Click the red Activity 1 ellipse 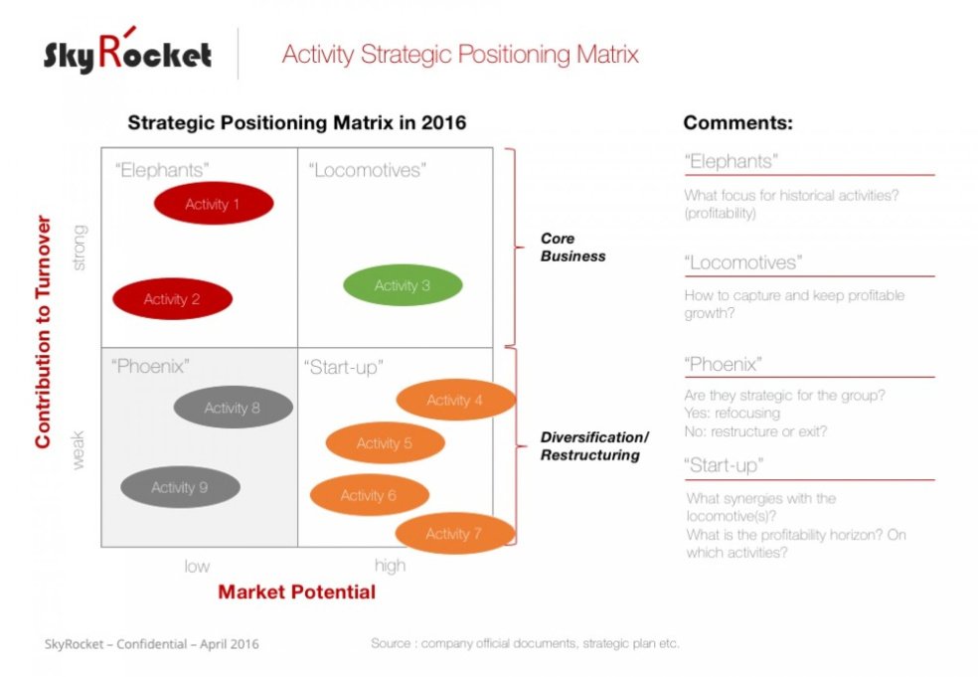(x=213, y=204)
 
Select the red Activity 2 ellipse (x=172, y=299)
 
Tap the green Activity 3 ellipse (x=403, y=286)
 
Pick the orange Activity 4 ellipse (x=455, y=401)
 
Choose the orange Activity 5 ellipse (x=385, y=443)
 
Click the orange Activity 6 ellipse (x=369, y=495)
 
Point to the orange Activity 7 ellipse (x=454, y=534)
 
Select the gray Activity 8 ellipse (x=233, y=408)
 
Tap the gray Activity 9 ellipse (x=180, y=487)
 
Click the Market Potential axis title (x=296, y=592)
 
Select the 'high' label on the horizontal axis (x=390, y=566)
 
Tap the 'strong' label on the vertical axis (x=81, y=248)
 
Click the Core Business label (x=572, y=248)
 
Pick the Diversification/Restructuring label (x=593, y=446)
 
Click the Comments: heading (x=737, y=123)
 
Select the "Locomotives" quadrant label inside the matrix (x=366, y=170)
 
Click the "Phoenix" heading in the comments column (x=723, y=364)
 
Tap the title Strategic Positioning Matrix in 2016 (x=296, y=123)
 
